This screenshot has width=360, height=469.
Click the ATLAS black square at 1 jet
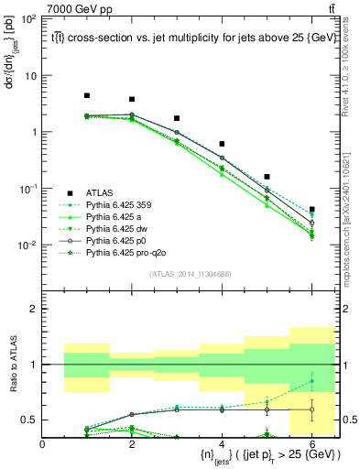click(87, 95)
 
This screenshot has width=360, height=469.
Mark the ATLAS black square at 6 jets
click(311, 210)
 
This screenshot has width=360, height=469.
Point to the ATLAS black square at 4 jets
click(222, 144)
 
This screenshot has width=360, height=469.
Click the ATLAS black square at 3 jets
click(177, 118)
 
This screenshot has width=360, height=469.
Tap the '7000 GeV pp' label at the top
click(79, 8)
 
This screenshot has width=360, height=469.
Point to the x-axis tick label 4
click(222, 444)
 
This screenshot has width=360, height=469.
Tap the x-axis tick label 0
click(42, 444)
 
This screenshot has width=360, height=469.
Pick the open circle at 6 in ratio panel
click(311, 409)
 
